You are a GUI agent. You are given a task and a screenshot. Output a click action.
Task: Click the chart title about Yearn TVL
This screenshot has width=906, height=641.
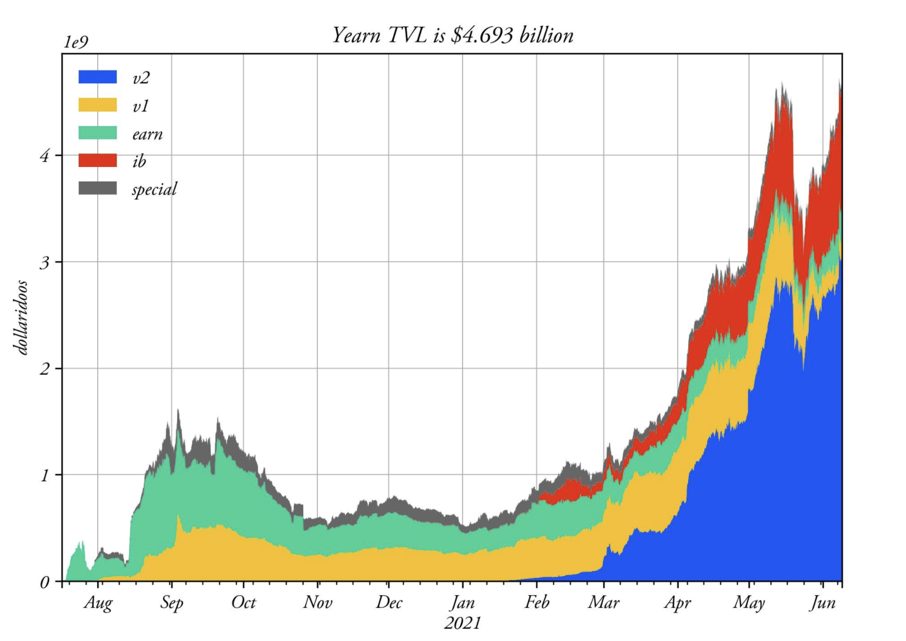point(452,35)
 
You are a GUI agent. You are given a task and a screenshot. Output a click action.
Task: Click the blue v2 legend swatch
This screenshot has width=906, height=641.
point(98,77)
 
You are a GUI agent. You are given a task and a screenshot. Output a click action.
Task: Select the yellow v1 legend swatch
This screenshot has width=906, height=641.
point(98,105)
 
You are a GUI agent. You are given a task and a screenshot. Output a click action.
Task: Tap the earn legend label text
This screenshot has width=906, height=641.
point(147,134)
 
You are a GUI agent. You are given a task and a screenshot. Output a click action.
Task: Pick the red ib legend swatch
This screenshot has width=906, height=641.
point(98,161)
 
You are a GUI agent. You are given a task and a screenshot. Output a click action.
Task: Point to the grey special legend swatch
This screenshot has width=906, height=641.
point(98,188)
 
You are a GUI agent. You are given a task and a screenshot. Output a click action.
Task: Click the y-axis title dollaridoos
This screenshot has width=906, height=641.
point(21,317)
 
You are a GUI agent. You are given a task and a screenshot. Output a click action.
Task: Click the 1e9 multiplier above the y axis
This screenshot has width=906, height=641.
point(75,42)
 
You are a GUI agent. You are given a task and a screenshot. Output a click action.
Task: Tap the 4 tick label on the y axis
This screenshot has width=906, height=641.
point(45,155)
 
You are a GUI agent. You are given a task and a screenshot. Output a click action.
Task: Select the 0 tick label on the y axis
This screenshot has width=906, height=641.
point(45,582)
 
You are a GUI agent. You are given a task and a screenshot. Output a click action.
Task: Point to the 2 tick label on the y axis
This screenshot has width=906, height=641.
point(45,369)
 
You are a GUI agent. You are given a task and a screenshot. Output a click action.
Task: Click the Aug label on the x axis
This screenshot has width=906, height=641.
point(98,603)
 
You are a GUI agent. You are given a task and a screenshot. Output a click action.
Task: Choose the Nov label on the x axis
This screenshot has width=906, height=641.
point(318,602)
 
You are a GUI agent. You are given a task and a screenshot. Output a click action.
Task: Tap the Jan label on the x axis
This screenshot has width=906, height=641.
point(462,602)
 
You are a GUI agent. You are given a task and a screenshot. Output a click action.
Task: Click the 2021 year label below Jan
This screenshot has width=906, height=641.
point(462,622)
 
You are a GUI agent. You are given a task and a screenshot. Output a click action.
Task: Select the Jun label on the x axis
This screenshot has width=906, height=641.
point(823,603)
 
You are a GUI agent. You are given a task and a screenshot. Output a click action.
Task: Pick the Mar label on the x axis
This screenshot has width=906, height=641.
point(604,602)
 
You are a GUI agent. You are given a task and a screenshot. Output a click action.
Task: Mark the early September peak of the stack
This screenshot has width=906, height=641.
point(178,411)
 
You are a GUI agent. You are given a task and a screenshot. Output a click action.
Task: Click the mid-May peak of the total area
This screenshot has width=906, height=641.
point(783,85)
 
